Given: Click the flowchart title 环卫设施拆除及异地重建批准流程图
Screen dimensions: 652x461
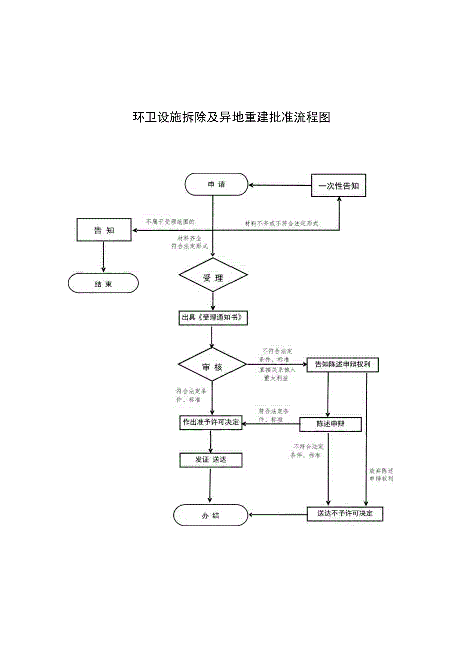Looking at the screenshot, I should click(231, 117).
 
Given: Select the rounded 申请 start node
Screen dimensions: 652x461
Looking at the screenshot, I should click(216, 185).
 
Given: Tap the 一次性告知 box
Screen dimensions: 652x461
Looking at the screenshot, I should click(339, 186).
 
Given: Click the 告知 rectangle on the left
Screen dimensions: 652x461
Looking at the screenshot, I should click(104, 230).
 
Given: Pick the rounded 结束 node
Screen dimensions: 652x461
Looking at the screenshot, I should click(103, 283).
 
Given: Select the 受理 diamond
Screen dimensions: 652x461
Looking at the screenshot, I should click(213, 278).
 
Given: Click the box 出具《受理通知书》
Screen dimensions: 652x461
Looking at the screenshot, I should click(213, 317).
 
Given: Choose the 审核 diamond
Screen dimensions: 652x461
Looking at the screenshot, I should click(212, 367).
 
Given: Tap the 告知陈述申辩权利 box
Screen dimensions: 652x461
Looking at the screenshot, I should click(342, 365).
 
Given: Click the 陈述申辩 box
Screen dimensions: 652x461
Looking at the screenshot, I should click(330, 424).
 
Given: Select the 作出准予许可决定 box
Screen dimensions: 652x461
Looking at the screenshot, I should click(211, 422).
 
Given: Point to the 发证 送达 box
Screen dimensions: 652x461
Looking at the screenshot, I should click(211, 459).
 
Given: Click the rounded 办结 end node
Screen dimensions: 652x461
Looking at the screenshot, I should click(211, 515).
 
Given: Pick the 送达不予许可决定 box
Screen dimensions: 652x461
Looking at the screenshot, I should click(345, 514).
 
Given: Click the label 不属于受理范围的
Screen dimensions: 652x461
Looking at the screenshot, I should click(170, 221).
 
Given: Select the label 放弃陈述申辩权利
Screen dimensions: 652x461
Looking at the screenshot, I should click(381, 475).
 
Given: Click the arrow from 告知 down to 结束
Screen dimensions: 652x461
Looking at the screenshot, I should click(103, 257).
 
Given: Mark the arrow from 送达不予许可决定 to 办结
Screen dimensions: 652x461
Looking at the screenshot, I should click(278, 514).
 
